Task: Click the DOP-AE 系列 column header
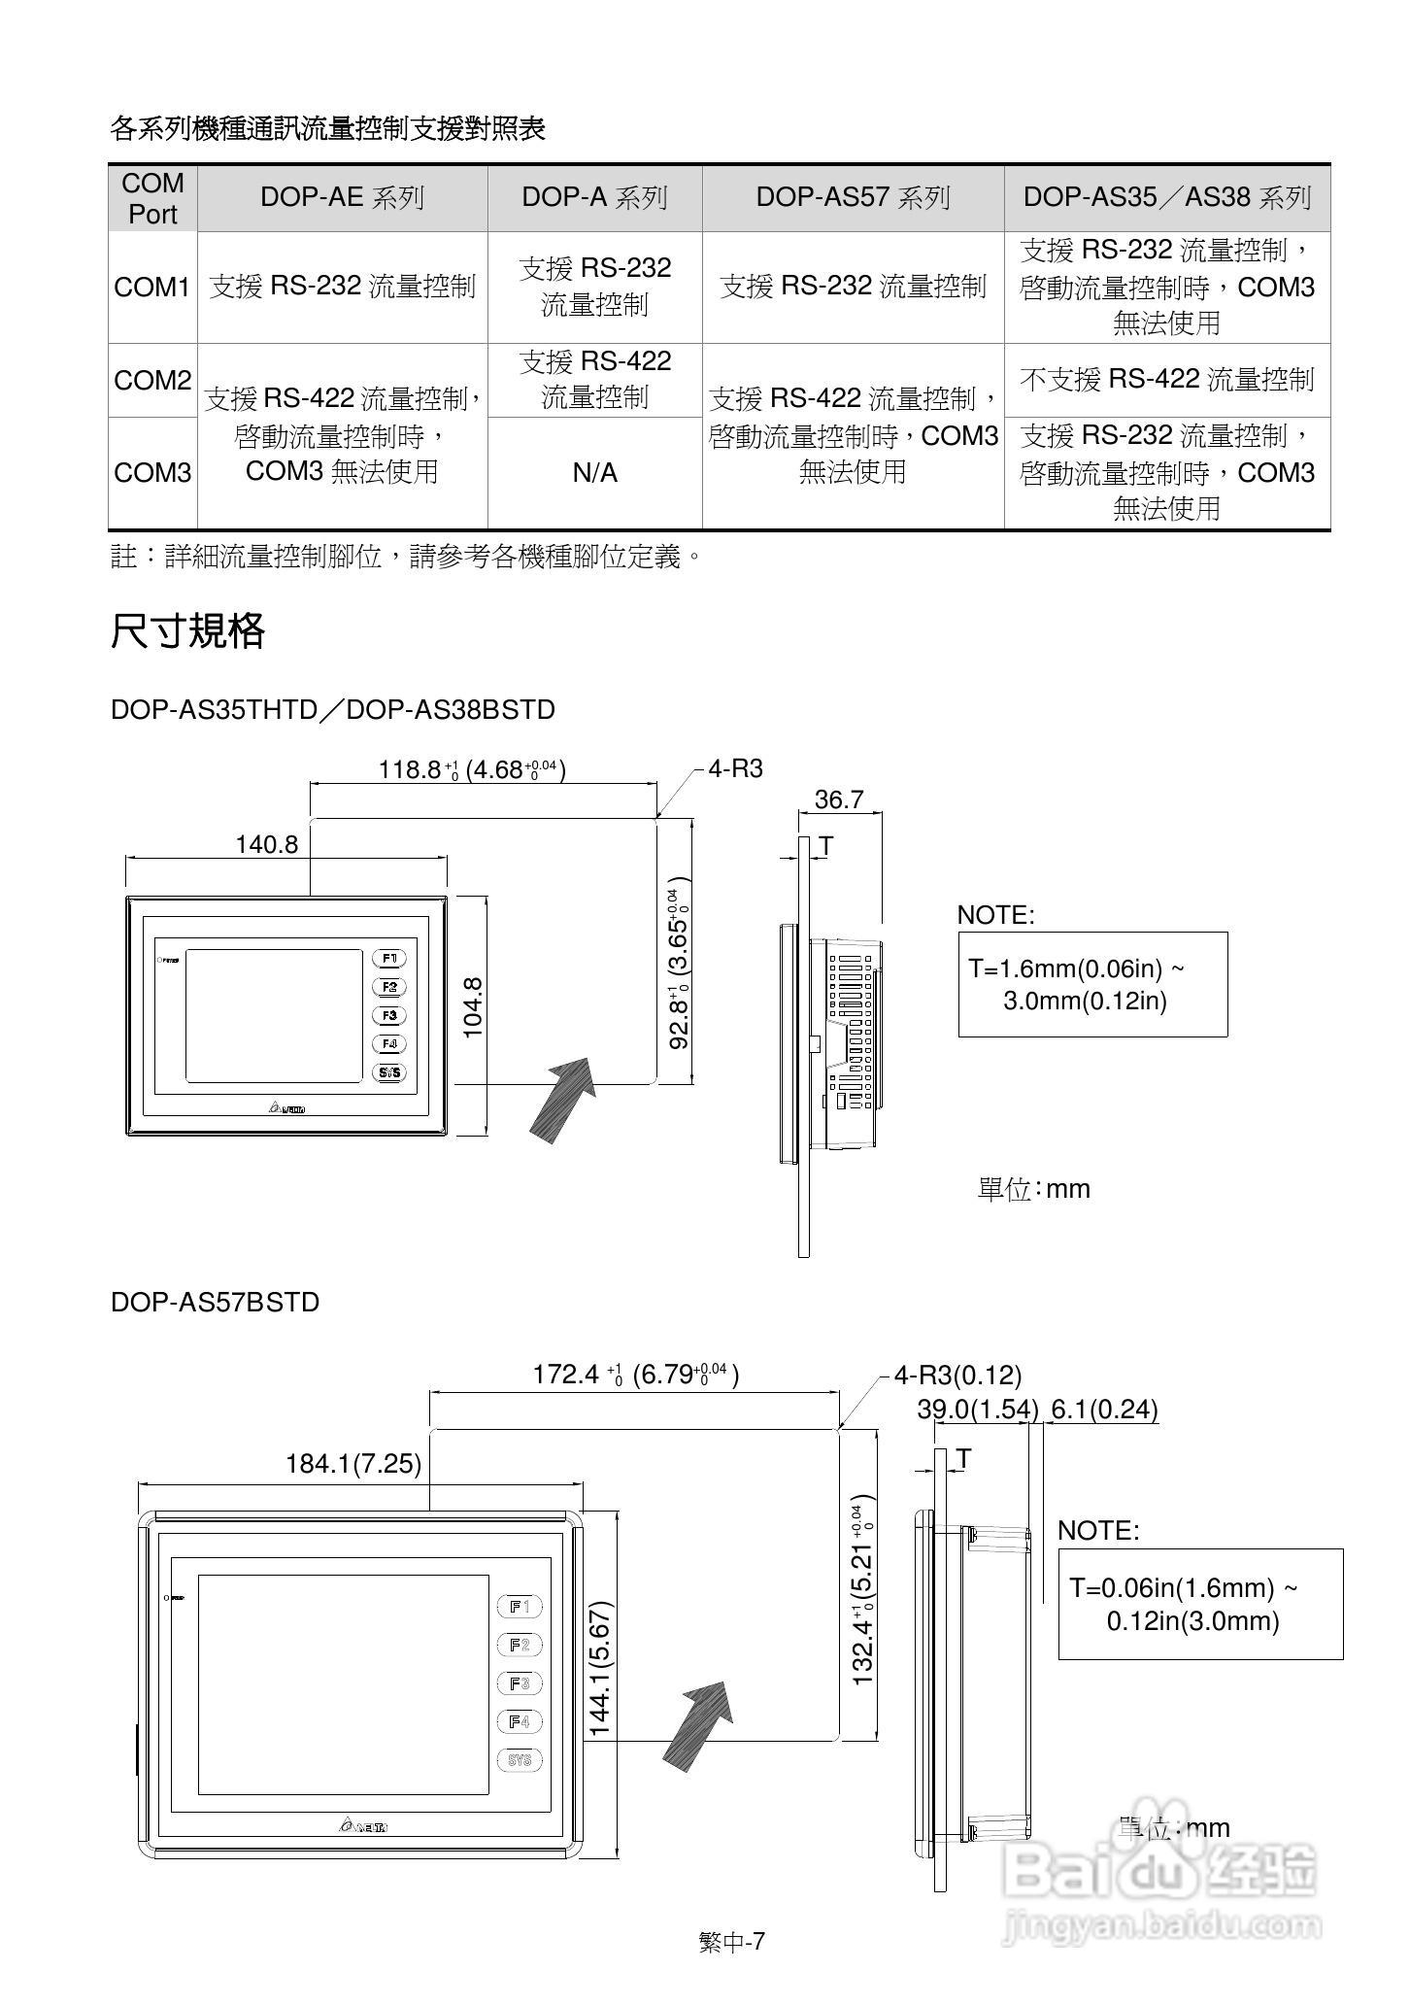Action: (342, 198)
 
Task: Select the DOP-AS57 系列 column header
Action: (852, 198)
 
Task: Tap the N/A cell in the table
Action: (594, 473)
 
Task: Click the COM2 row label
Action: (152, 381)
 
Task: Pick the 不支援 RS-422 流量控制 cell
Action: (1166, 379)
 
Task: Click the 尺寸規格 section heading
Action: (187, 631)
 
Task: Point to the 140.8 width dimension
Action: (266, 844)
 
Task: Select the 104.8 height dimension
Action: (474, 1007)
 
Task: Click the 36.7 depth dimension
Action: (839, 799)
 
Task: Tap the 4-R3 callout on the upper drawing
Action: (735, 769)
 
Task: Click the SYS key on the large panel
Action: (520, 1760)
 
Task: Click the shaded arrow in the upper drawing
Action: (563, 1098)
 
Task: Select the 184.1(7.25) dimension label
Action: (353, 1464)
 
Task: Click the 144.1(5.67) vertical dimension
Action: (600, 1668)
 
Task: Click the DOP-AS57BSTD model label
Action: (215, 1302)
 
